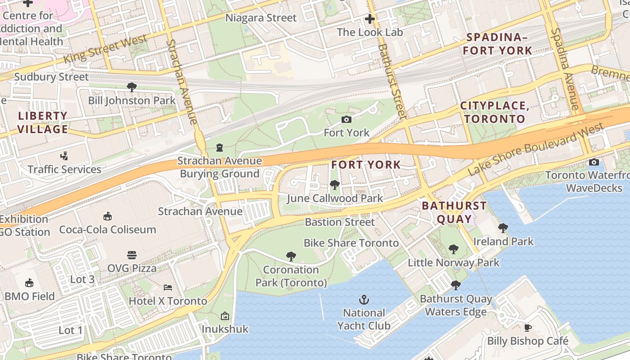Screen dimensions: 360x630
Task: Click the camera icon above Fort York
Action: tap(346, 119)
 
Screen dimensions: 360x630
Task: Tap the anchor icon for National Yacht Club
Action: tap(364, 299)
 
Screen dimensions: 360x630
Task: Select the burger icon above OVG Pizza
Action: tap(131, 255)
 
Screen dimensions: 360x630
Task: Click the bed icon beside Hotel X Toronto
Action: tap(168, 287)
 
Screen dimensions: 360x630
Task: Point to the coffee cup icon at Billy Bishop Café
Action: tap(527, 328)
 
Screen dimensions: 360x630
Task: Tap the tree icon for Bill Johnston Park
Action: tap(131, 87)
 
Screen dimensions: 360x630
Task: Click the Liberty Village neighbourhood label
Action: tap(43, 122)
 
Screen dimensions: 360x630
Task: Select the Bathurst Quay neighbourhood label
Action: tap(454, 212)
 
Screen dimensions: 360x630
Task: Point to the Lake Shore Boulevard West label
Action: tap(535, 149)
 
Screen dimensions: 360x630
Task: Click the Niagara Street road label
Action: tap(261, 18)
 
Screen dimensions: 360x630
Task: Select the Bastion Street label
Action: tap(340, 222)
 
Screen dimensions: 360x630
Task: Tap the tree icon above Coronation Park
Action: tap(291, 256)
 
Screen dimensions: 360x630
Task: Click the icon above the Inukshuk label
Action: tap(225, 316)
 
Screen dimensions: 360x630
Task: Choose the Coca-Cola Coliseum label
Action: tap(108, 229)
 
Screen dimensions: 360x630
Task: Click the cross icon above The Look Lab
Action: tap(370, 19)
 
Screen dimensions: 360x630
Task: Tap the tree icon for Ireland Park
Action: tap(503, 228)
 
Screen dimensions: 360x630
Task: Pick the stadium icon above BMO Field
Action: tap(29, 283)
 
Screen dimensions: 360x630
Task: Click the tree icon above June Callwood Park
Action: tap(334, 184)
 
